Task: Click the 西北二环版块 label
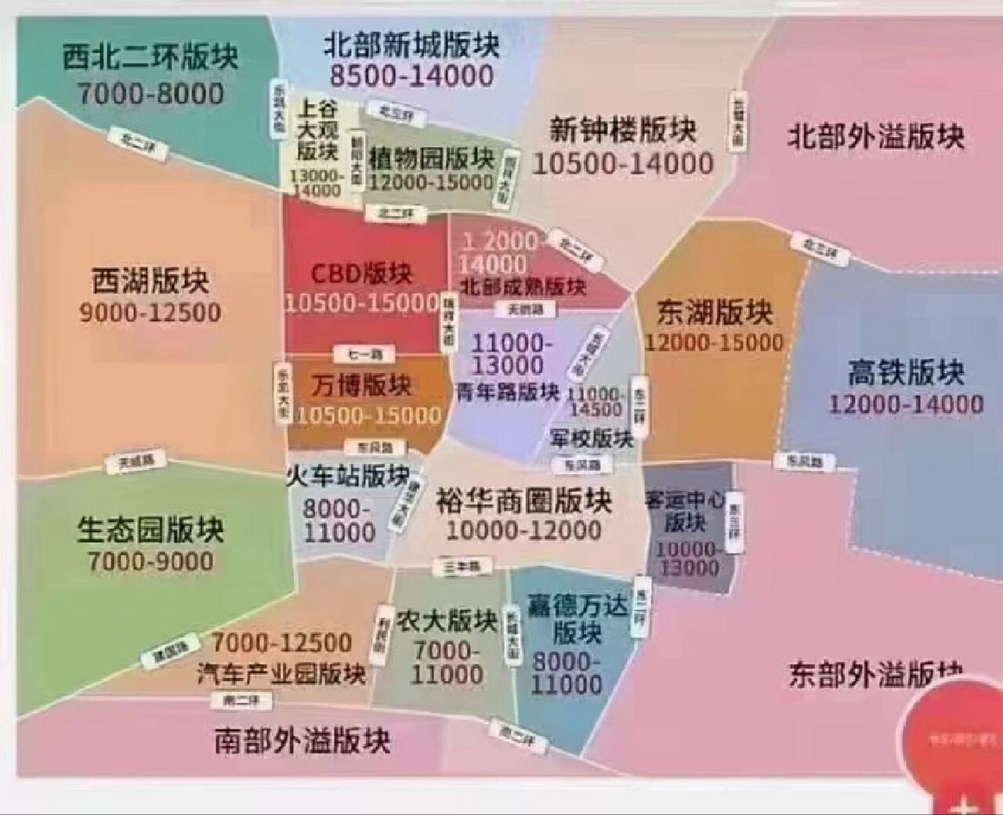point(150,57)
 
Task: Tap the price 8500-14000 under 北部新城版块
point(411,76)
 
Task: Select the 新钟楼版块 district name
point(623,131)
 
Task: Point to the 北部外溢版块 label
point(877,137)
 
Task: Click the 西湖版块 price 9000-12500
point(150,313)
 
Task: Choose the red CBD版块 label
point(361,274)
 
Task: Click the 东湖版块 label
point(714,313)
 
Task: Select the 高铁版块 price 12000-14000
point(906,404)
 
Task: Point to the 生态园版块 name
point(150,529)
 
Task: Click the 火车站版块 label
point(348,475)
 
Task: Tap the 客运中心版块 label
point(685,511)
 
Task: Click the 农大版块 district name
point(445,620)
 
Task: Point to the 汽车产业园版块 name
point(281,674)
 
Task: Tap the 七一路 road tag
point(362,354)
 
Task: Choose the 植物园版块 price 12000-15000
point(432,182)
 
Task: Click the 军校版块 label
point(592,438)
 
